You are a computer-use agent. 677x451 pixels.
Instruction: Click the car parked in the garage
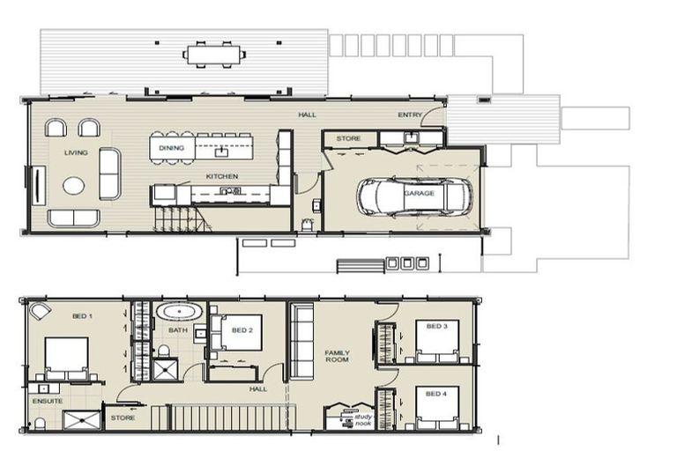click(414, 196)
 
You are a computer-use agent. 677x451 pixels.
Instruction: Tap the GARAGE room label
click(419, 193)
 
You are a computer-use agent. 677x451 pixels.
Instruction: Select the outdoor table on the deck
click(215, 54)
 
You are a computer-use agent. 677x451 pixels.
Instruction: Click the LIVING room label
click(76, 152)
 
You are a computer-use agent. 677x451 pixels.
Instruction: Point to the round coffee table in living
click(74, 186)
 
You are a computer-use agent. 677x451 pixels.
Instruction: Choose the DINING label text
click(171, 148)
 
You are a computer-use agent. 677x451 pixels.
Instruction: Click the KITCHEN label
click(222, 176)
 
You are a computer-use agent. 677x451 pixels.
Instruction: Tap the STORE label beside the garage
click(348, 138)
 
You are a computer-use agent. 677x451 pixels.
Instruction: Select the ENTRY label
click(410, 115)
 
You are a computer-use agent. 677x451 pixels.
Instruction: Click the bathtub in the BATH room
click(179, 313)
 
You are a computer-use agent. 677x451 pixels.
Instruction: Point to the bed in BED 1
click(66, 358)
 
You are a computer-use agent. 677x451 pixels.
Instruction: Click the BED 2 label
click(242, 330)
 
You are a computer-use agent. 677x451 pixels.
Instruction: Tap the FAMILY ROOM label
click(337, 356)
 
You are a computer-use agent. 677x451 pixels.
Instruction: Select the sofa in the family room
click(301, 342)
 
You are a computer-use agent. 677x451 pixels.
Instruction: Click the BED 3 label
click(436, 326)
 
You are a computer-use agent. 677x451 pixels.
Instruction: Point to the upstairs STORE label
click(123, 418)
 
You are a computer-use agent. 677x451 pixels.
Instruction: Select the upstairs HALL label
click(257, 388)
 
